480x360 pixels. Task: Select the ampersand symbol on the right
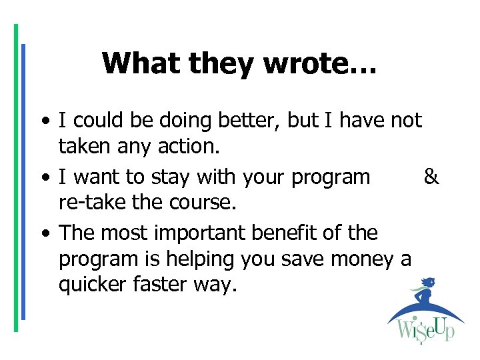point(431,177)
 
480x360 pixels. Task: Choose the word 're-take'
point(86,202)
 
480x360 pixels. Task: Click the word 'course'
point(203,202)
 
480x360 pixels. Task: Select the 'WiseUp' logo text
point(426,329)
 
